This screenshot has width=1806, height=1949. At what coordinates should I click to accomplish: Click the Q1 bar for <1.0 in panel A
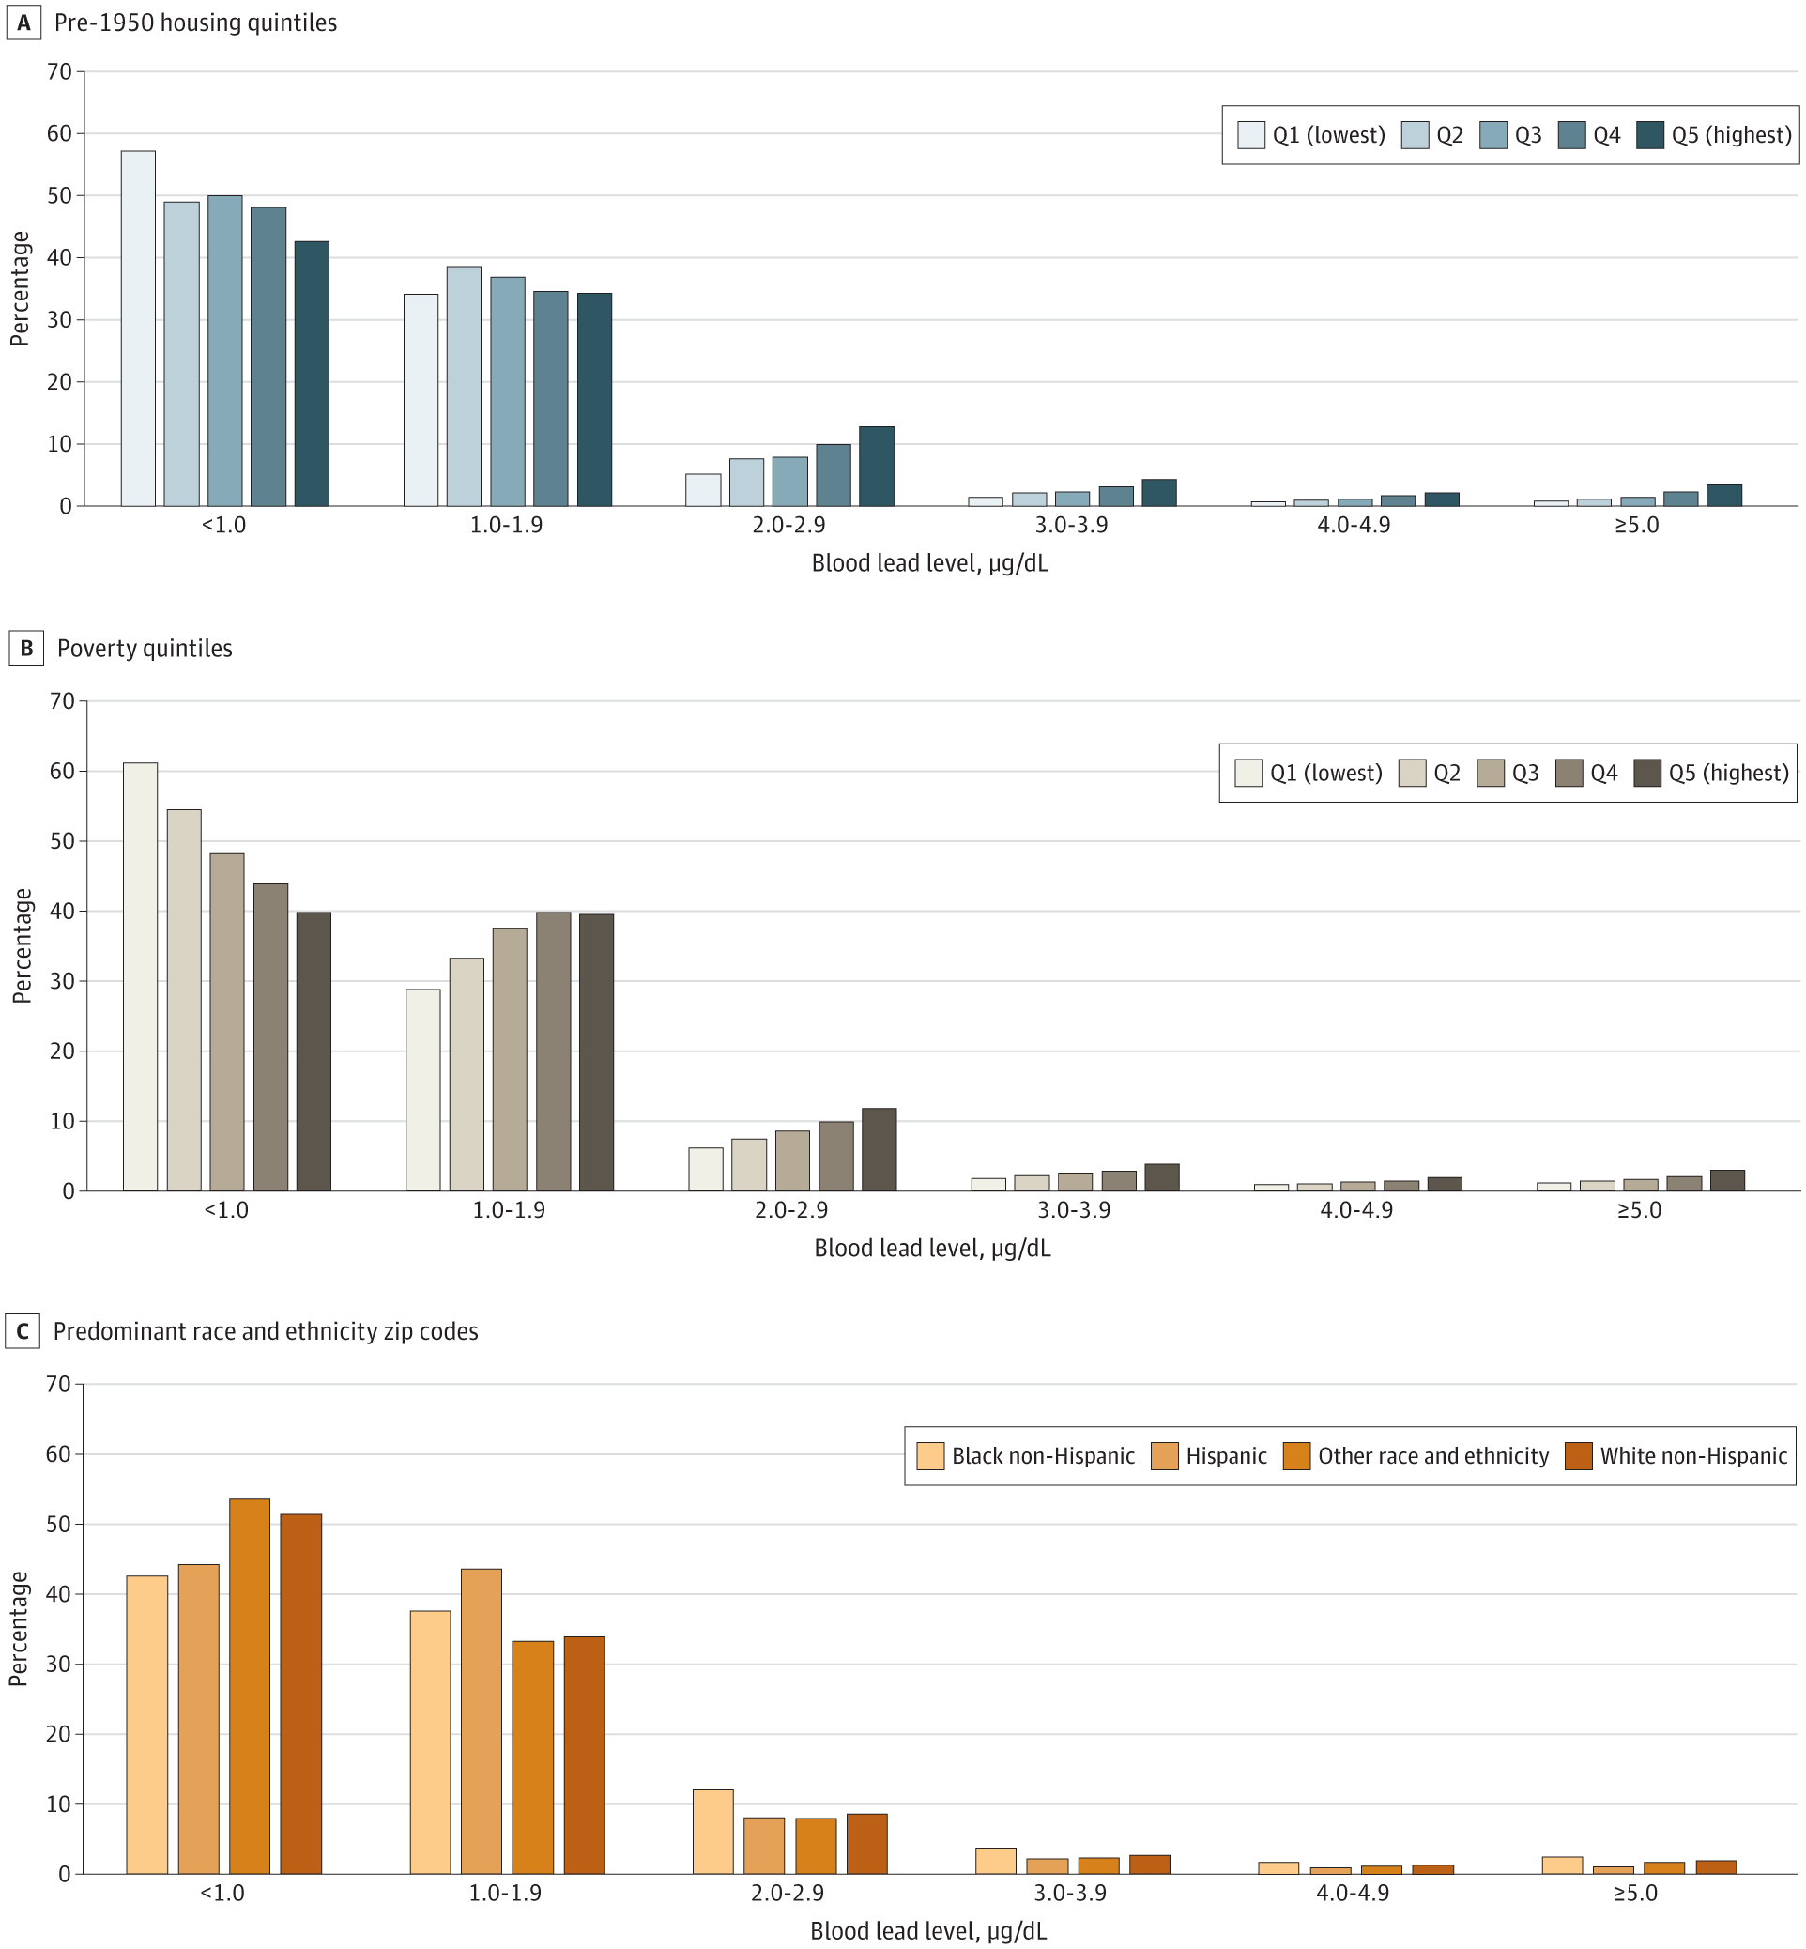click(138, 329)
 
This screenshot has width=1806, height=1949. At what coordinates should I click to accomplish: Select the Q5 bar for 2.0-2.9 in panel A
click(877, 467)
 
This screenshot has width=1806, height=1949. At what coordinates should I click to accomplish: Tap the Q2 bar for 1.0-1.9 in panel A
click(465, 386)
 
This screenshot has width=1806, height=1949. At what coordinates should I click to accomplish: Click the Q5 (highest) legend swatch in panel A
click(1649, 135)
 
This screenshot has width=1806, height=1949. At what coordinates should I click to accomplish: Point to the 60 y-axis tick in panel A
click(60, 134)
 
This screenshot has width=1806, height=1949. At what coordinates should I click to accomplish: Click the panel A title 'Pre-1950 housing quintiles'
click(195, 23)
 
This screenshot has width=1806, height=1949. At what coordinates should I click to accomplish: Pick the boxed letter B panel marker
click(26, 649)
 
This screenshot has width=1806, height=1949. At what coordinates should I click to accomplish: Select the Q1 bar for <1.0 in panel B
click(141, 976)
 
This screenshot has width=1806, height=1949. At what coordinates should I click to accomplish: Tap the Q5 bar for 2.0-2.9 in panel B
click(879, 1149)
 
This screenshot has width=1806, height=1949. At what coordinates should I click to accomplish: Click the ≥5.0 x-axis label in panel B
click(1639, 1210)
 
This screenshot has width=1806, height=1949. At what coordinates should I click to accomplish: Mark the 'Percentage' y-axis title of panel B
click(23, 945)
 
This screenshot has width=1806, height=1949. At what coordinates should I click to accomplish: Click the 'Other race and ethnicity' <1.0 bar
click(249, 1685)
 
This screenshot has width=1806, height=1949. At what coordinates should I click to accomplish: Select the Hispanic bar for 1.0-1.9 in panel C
click(481, 1720)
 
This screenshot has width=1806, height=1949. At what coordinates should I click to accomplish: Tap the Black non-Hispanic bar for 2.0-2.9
click(712, 1831)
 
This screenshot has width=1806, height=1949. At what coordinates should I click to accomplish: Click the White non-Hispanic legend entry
click(1676, 1456)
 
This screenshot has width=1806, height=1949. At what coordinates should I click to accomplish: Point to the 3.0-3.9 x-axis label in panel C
click(1070, 1894)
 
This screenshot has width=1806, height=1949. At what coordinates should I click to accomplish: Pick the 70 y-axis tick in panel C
click(58, 1384)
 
